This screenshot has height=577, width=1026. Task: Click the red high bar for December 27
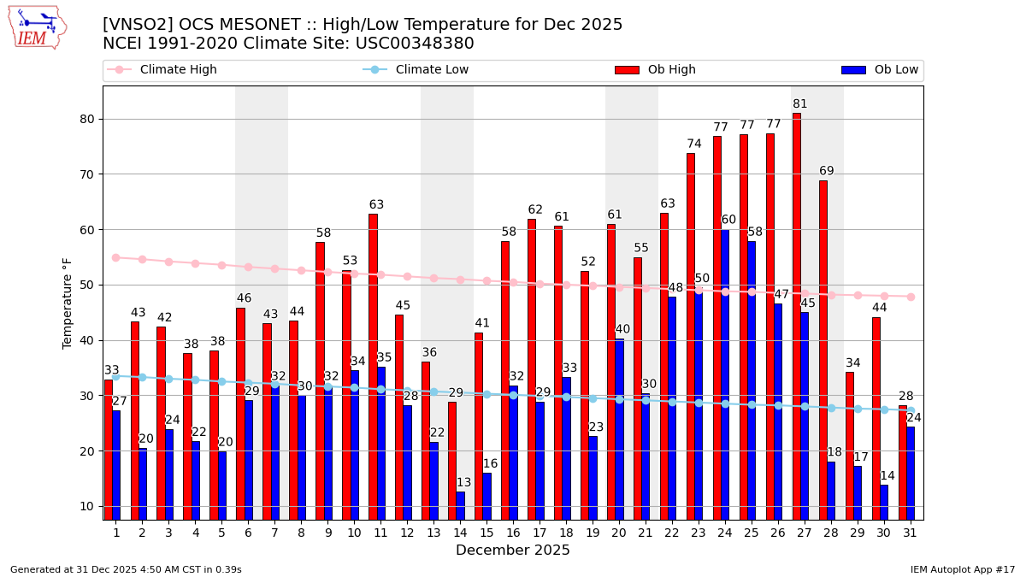[796, 316]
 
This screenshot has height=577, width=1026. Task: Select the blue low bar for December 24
[725, 374]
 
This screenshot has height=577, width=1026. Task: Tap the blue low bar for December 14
[460, 505]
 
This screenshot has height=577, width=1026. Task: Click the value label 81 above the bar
[800, 104]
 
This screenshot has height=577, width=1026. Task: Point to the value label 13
[464, 483]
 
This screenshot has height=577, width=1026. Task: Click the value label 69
[827, 171]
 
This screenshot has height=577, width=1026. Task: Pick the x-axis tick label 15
[486, 533]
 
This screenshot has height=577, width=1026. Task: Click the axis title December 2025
[513, 551]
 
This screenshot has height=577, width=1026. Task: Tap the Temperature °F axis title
[68, 303]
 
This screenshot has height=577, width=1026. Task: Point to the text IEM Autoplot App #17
[962, 569]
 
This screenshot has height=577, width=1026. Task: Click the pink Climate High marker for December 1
[116, 257]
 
